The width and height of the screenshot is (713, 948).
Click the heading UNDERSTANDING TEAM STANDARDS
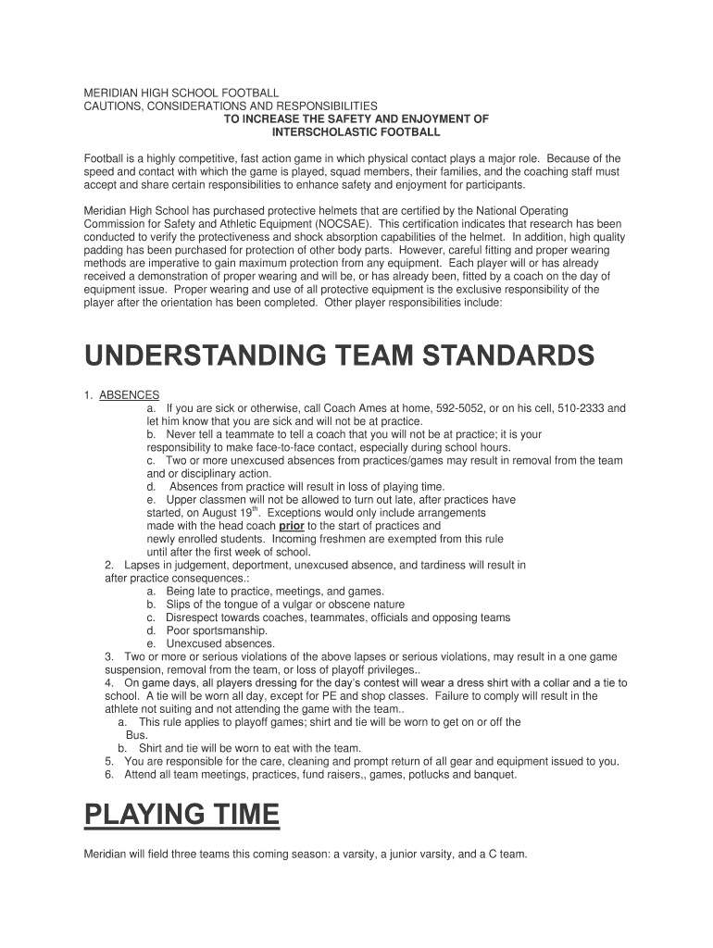pos(339,355)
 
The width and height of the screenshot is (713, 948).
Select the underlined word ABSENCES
pos(130,394)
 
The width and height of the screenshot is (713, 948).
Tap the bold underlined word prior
pos(292,525)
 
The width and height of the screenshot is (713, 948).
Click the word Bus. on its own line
pos(136,734)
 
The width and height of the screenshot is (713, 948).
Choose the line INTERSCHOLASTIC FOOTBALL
pos(355,132)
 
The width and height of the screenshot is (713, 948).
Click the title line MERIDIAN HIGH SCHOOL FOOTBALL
pos(181,94)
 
